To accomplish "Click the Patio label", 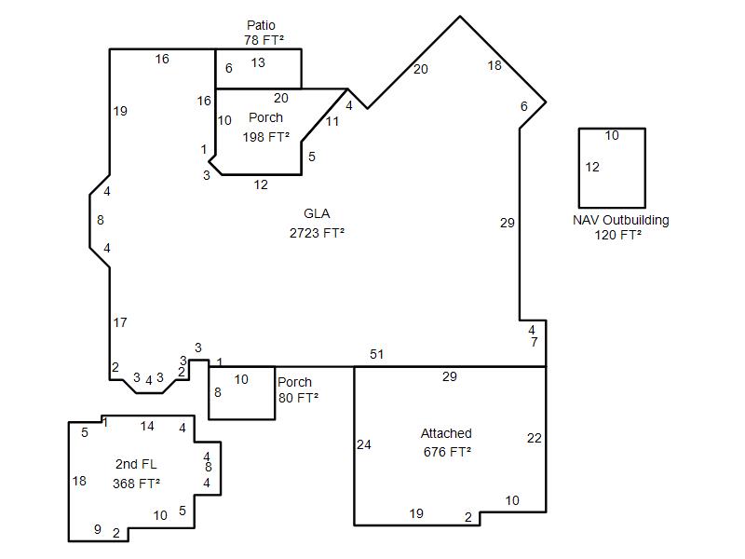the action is [x=261, y=25].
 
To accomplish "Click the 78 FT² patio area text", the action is [x=264, y=40].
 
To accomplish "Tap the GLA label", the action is [x=317, y=213].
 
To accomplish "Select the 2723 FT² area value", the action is [x=317, y=233].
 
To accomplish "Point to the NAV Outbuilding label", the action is [x=620, y=220].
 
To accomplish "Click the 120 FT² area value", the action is [x=618, y=235].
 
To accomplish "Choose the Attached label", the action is [x=446, y=433].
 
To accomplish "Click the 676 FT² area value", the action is [x=447, y=452].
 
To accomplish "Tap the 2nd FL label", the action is [x=136, y=464].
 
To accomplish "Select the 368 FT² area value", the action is [x=136, y=484].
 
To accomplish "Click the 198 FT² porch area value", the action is [x=266, y=137].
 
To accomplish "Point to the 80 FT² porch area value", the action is [x=298, y=398].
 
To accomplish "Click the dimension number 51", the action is [x=377, y=354].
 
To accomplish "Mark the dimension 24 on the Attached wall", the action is [x=364, y=444].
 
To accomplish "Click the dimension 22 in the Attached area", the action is [x=534, y=438].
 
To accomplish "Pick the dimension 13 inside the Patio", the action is [x=258, y=62].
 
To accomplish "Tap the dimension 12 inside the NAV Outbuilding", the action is [x=592, y=167].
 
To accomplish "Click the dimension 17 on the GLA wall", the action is [x=120, y=322].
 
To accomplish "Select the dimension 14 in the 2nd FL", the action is [x=147, y=426].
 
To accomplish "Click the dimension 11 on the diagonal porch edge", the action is [x=332, y=122].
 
